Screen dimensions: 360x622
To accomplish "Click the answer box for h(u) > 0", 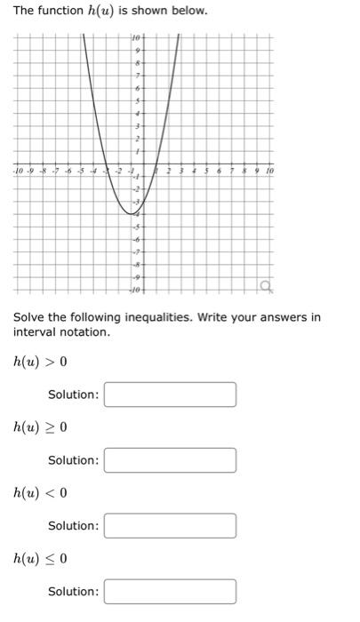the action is tap(170, 395).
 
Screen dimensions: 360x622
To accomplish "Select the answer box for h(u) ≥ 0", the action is tap(170, 460).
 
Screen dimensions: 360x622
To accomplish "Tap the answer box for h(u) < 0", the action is tap(170, 526).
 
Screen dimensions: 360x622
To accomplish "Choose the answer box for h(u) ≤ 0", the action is tap(170, 592).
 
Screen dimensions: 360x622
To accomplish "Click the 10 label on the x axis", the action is tap(270, 170).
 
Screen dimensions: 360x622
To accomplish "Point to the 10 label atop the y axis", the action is tap(135, 38).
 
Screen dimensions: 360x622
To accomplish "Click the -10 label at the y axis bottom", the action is tap(134, 291).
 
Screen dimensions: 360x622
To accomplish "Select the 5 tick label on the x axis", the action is tap(207, 170).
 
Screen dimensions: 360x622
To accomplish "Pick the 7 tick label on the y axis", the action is tap(137, 77).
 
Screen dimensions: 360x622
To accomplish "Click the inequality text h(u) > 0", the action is tap(40, 362).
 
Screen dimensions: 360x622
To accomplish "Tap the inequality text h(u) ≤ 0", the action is tap(40, 559).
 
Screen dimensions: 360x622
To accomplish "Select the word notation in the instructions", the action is tap(87, 332).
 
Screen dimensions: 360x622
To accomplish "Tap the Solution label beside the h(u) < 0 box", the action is tap(73, 526).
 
